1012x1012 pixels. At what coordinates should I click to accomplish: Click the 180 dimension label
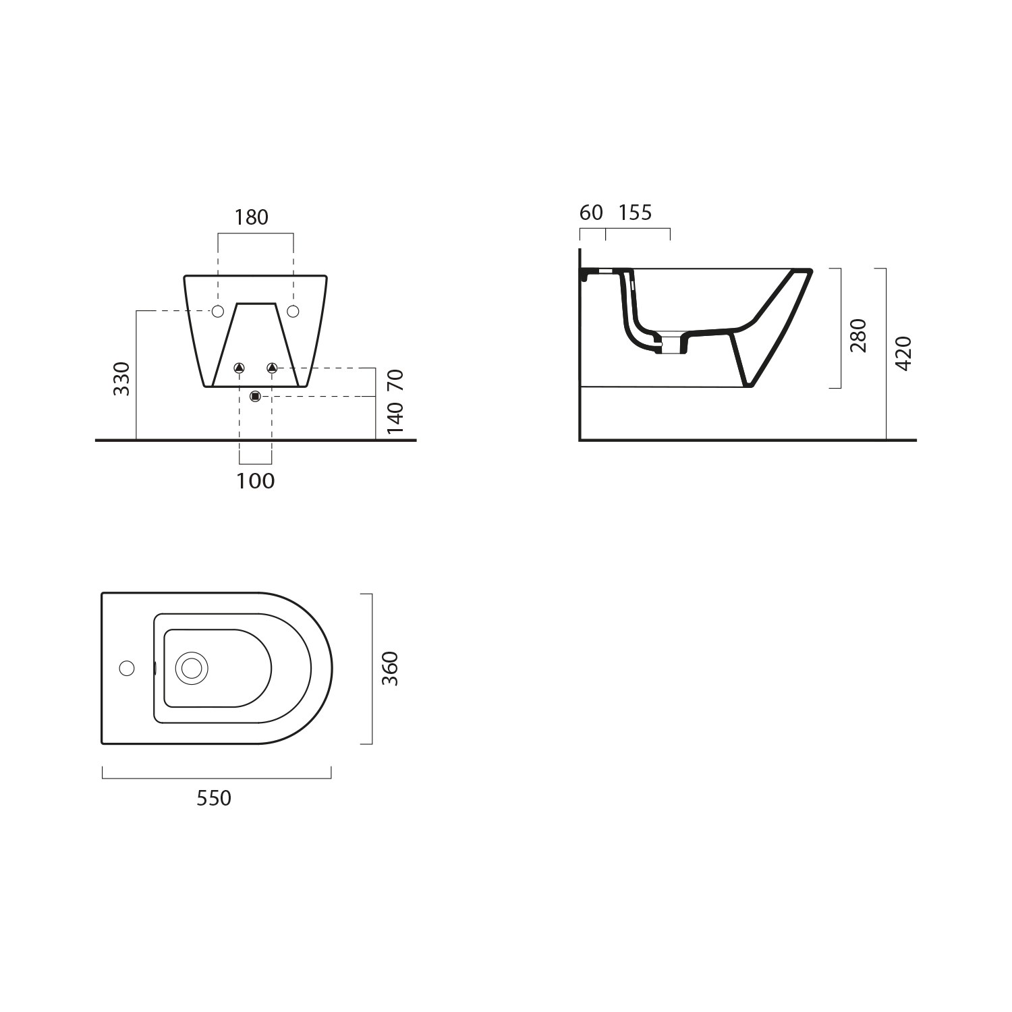(x=251, y=217)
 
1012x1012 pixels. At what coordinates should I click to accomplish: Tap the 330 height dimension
(x=121, y=378)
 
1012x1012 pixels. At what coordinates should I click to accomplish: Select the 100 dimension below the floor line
(x=256, y=481)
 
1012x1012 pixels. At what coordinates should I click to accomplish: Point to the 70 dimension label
(x=395, y=381)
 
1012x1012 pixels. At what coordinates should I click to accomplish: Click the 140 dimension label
(x=395, y=417)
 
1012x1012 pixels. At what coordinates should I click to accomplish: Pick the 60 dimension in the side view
(x=591, y=213)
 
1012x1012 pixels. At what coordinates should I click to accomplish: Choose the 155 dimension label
(x=636, y=213)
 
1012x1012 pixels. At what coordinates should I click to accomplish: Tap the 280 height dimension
(x=858, y=335)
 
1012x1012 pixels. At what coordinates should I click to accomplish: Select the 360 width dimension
(x=390, y=669)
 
